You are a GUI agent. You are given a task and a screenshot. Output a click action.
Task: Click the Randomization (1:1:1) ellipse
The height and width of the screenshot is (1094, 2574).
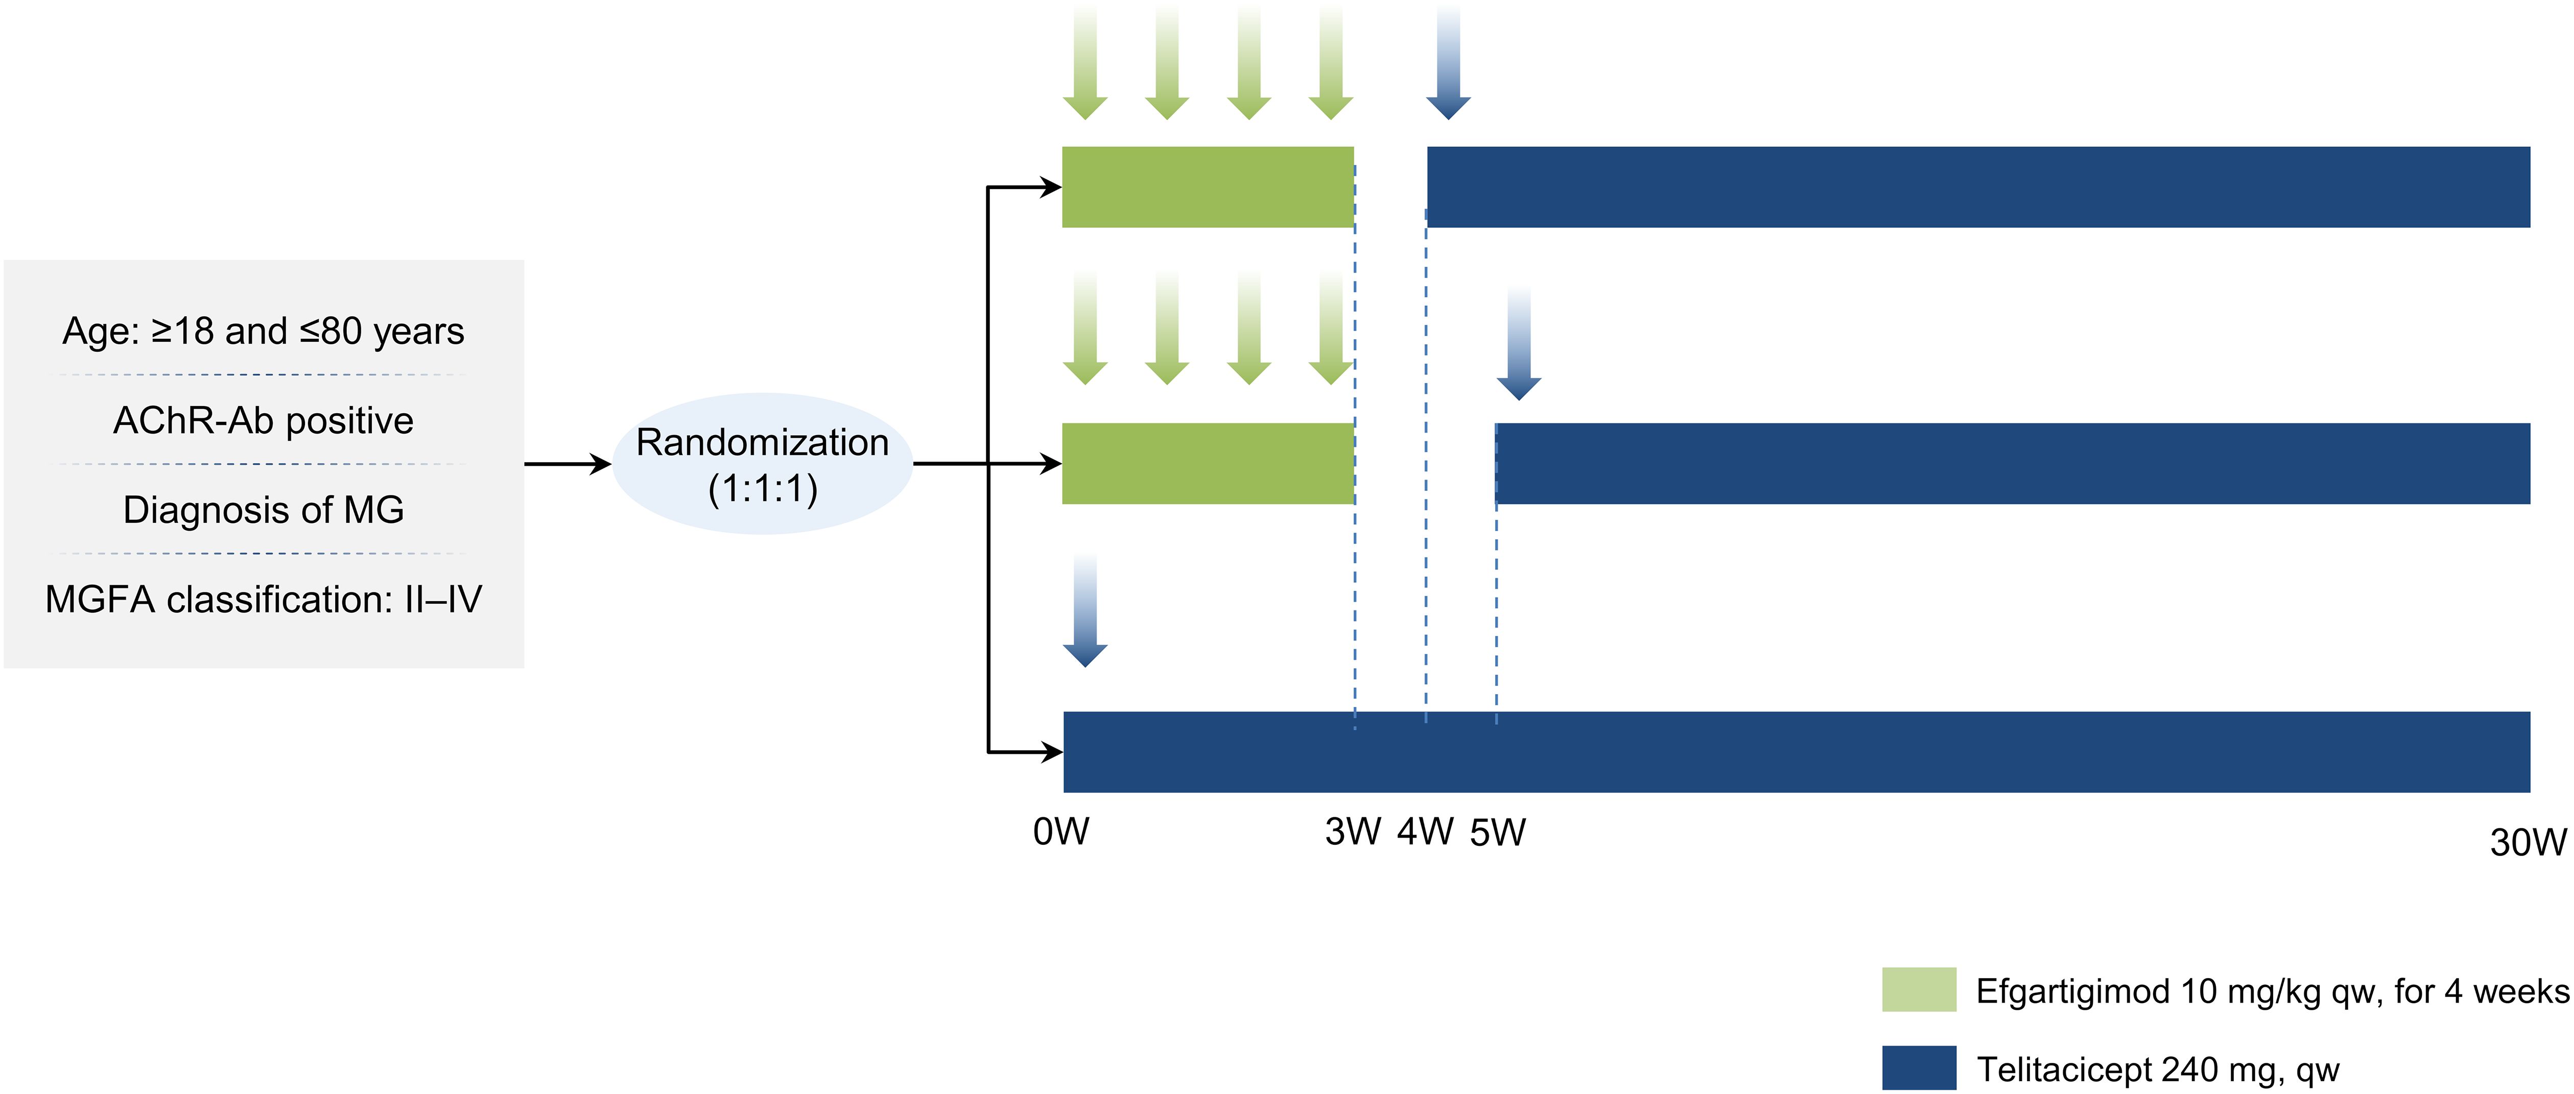tap(763, 464)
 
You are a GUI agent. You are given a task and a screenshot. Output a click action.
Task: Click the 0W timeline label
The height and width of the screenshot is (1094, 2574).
tap(1060, 831)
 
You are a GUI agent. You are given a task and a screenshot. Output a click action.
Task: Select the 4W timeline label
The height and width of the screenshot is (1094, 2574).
tap(1425, 831)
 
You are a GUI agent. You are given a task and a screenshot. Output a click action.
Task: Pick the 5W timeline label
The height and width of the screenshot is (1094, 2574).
tap(1497, 831)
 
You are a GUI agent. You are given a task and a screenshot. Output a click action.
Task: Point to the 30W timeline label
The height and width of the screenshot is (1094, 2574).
tap(2527, 842)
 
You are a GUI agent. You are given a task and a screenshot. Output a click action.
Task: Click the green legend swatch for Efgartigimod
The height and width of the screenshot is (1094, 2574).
tap(1919, 989)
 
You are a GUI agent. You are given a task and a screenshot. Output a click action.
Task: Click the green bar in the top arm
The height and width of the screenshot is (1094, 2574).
tap(1207, 187)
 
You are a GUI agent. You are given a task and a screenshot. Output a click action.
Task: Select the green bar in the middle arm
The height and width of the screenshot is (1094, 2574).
tap(1207, 464)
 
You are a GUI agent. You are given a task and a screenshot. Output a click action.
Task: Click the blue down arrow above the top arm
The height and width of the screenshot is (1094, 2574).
tap(1448, 65)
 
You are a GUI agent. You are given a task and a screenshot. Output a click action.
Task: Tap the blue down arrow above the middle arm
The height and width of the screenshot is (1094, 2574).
tap(1519, 345)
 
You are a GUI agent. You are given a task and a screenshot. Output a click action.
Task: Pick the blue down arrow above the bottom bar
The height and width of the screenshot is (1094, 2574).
tap(1085, 611)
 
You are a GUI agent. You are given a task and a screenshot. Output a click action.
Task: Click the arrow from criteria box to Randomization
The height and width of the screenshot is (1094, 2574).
tap(566, 464)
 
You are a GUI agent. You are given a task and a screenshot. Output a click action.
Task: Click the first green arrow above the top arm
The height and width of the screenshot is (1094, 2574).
tap(1085, 65)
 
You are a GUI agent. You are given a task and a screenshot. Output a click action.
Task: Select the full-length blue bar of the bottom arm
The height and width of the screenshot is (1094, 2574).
tap(1796, 751)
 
